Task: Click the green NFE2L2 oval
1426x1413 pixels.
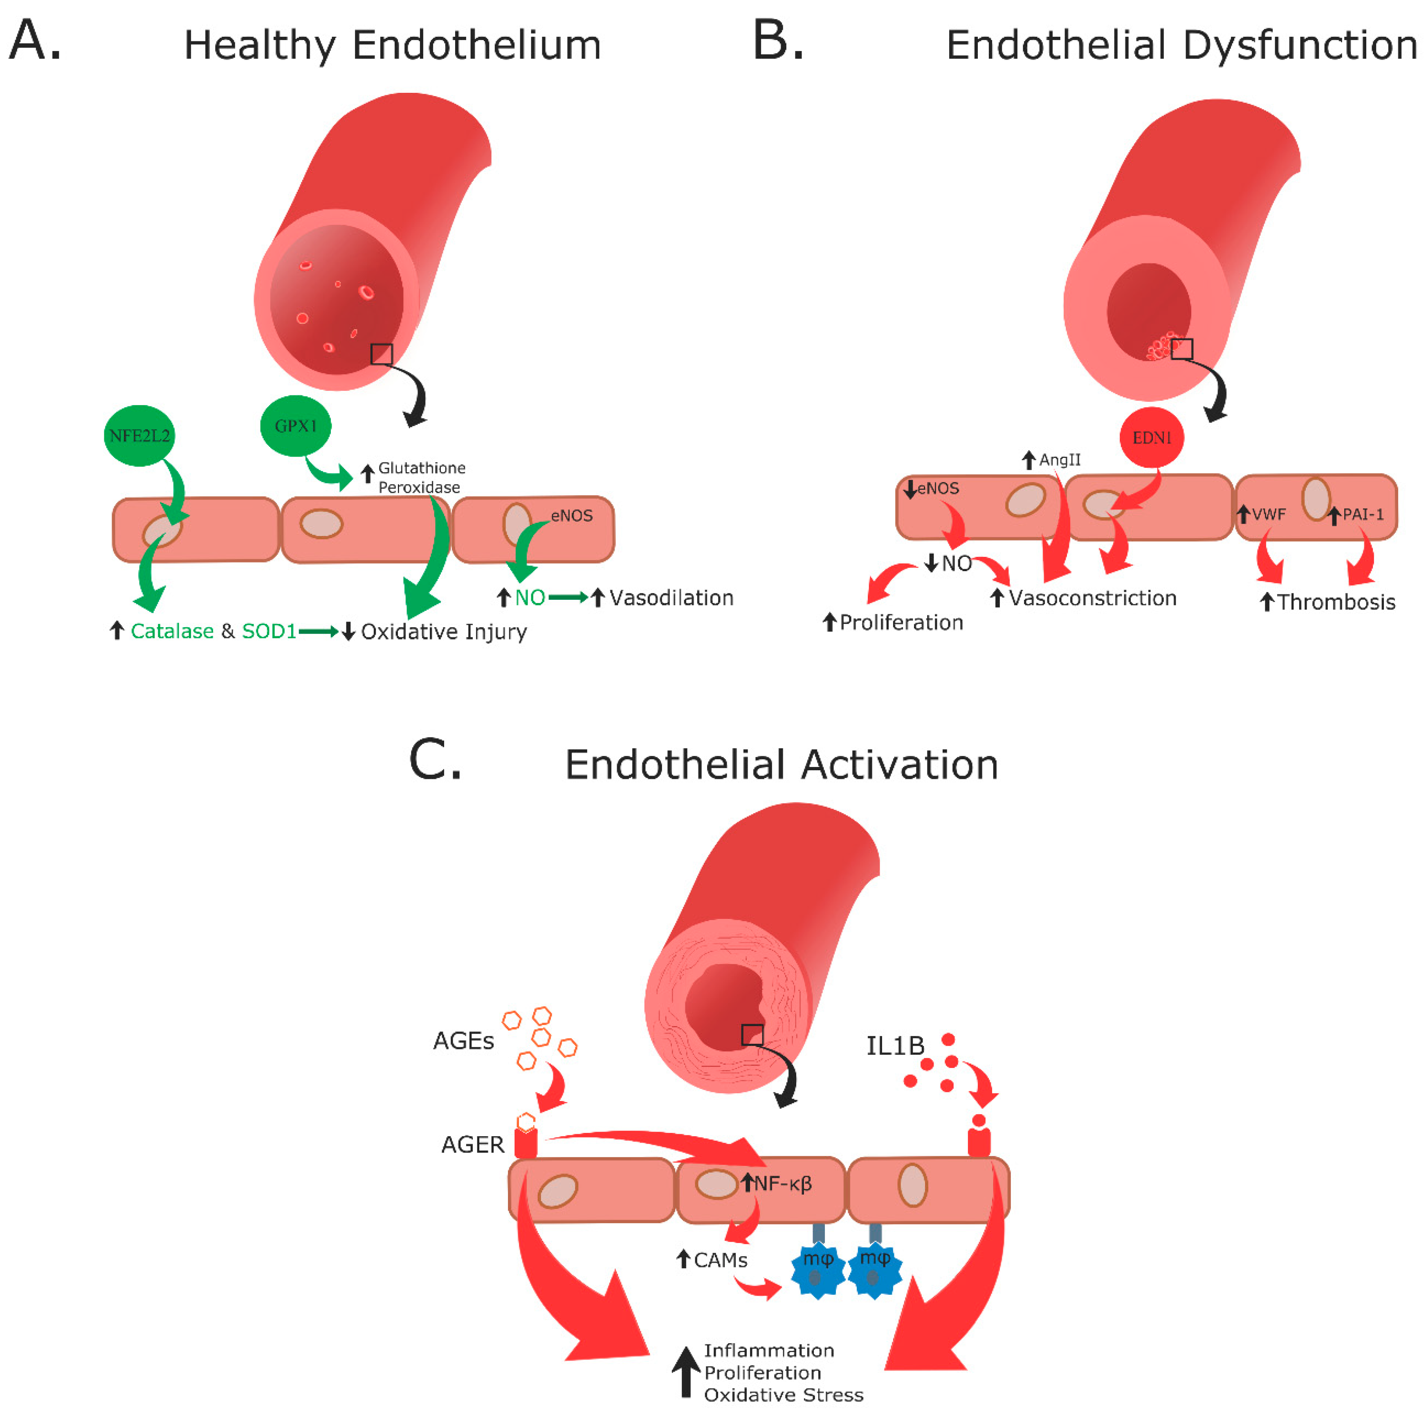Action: (x=139, y=435)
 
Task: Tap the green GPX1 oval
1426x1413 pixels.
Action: (x=295, y=426)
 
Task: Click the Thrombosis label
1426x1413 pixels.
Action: (x=1336, y=602)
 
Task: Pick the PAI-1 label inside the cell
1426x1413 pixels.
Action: (x=1363, y=514)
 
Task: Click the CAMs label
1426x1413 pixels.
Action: (x=721, y=1260)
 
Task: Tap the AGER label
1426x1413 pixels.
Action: (x=472, y=1144)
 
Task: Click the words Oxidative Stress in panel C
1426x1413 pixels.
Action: (x=783, y=1395)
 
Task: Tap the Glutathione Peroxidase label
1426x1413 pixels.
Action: (x=421, y=478)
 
